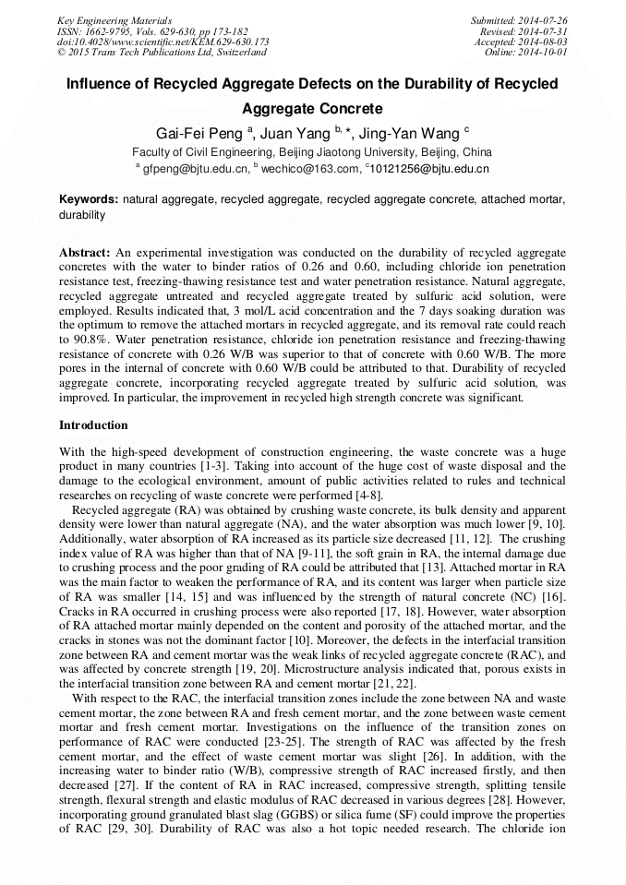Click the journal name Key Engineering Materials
[x=114, y=20]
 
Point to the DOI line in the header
[x=163, y=42]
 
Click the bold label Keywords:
[x=89, y=199]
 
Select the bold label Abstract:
[x=85, y=252]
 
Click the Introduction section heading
[x=93, y=425]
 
